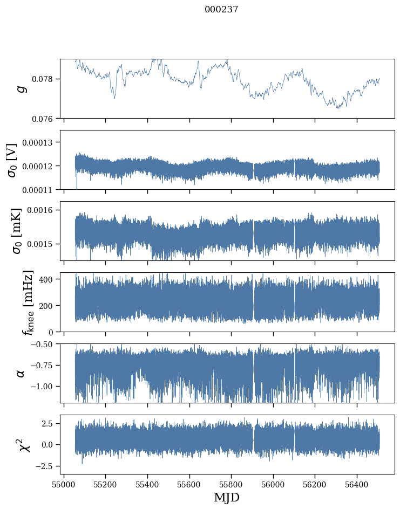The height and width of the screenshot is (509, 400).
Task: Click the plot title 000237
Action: click(221, 10)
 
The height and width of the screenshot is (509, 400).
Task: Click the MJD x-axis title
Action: click(227, 498)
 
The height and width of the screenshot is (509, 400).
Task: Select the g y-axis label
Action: click(22, 88)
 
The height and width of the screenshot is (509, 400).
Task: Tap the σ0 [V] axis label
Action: click(12, 160)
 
